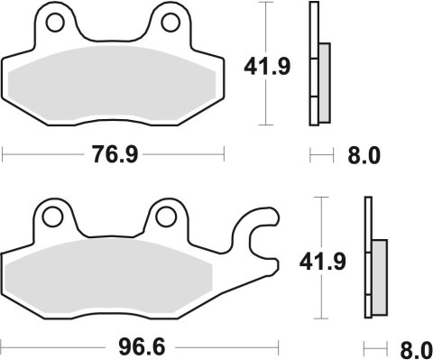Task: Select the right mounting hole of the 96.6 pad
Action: pyautogui.click(x=164, y=217)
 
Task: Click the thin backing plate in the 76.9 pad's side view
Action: pyautogui.click(x=314, y=63)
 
